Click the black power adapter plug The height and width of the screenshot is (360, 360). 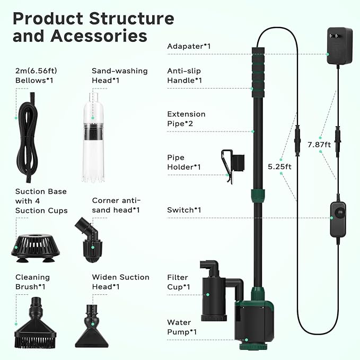click(339, 47)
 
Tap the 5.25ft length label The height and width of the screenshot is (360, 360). click(280, 166)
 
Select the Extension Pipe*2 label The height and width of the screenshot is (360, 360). click(186, 119)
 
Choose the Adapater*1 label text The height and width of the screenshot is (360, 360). click(189, 46)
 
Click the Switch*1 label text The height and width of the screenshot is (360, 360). click(184, 210)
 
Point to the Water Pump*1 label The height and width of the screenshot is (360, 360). click(182, 327)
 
